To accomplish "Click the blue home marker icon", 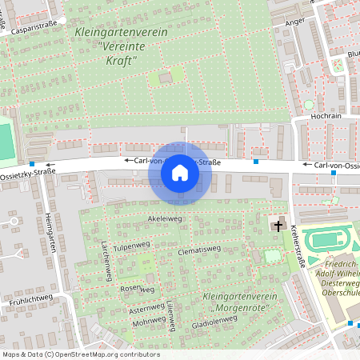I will pos(180,173).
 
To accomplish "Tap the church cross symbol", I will pos(278,226).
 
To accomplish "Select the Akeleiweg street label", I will pos(162,218).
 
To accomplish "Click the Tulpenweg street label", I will pos(132,247).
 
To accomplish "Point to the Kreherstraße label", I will pos(298,248).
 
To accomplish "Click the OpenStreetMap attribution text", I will pos(81,354).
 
